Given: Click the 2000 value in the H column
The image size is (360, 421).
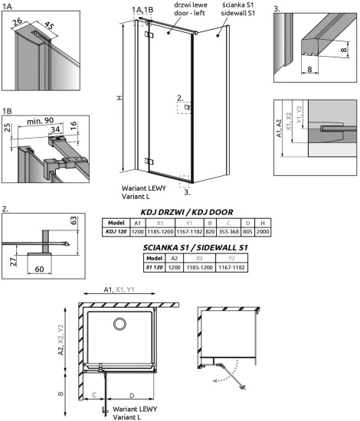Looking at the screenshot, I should click(x=263, y=230).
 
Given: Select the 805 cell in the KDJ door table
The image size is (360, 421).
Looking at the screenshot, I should click(x=247, y=230).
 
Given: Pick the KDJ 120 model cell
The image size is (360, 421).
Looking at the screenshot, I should click(x=115, y=230).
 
